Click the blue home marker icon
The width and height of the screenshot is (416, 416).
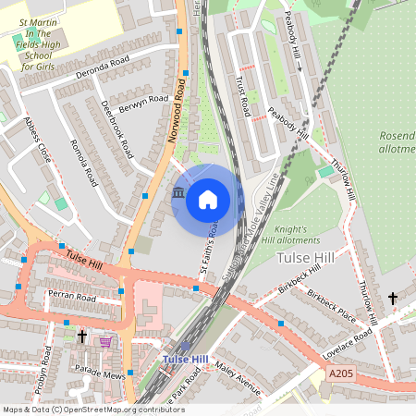tap(208, 199)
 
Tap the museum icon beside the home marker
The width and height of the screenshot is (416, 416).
tap(178, 191)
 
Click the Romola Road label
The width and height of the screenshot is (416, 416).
tap(84, 164)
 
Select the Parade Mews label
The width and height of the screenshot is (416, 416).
tap(100, 370)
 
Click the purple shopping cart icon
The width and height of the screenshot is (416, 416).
tap(105, 341)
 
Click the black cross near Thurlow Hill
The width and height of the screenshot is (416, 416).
tap(393, 298)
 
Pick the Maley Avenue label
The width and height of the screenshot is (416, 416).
tap(239, 374)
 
